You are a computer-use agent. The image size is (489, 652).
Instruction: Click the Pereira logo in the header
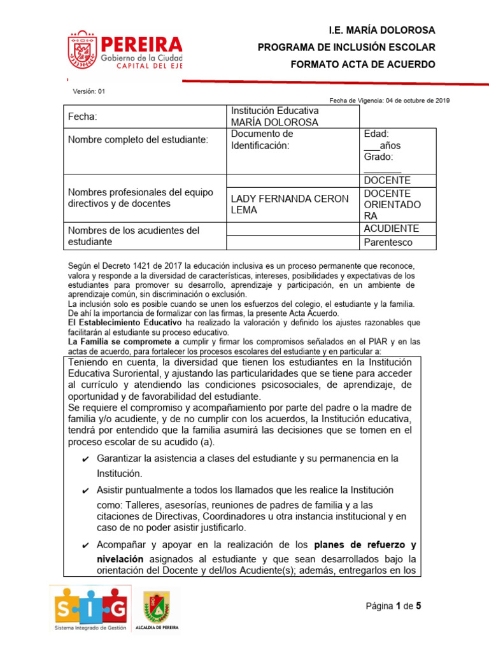125,52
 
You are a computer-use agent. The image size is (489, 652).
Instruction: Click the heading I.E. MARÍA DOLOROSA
381,31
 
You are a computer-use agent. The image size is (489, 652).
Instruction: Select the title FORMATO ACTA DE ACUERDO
363,64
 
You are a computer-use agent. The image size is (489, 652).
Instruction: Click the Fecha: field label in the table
83,117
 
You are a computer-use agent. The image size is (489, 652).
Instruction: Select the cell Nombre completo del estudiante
138,139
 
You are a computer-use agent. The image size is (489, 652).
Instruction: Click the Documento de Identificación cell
262,139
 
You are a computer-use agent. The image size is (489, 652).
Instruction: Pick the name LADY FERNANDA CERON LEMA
289,204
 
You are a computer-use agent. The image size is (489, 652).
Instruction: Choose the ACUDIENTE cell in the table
391,228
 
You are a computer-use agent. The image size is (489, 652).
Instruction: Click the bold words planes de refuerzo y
365,546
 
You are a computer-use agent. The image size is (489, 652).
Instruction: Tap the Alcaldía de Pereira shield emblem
156,607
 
